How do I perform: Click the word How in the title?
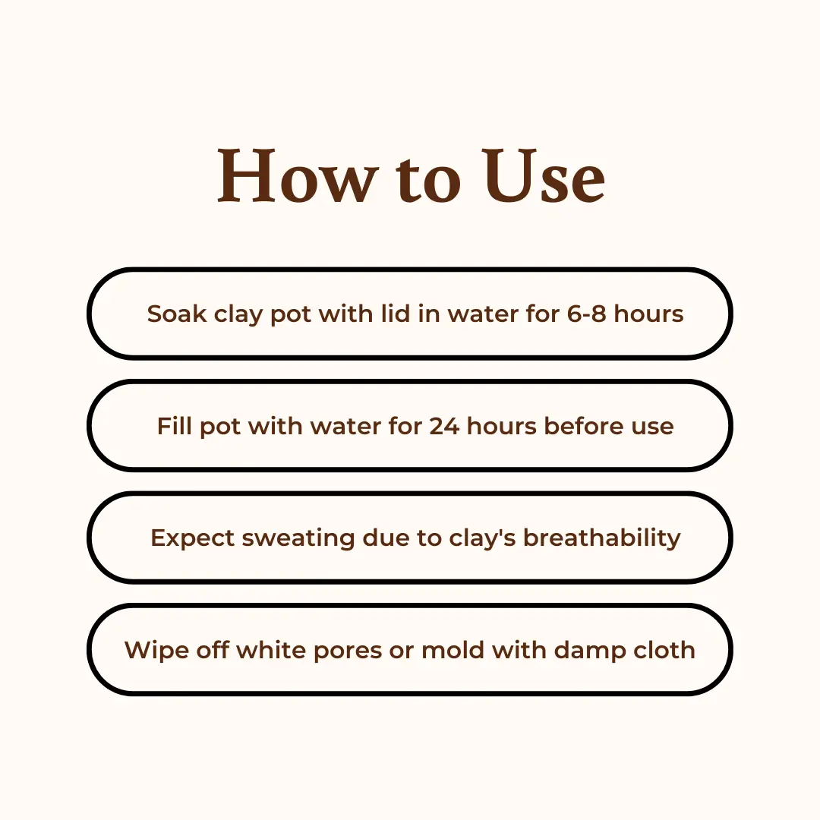(298, 175)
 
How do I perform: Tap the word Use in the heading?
(544, 175)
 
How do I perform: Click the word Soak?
(177, 314)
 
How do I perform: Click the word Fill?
(174, 426)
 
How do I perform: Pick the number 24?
(444, 426)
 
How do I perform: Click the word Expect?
(192, 538)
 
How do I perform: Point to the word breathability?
(602, 538)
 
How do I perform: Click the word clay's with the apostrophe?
(483, 538)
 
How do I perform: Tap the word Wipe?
(156, 651)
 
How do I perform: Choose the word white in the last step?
(271, 650)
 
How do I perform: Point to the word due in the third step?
(386, 538)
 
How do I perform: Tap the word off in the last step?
(213, 650)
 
